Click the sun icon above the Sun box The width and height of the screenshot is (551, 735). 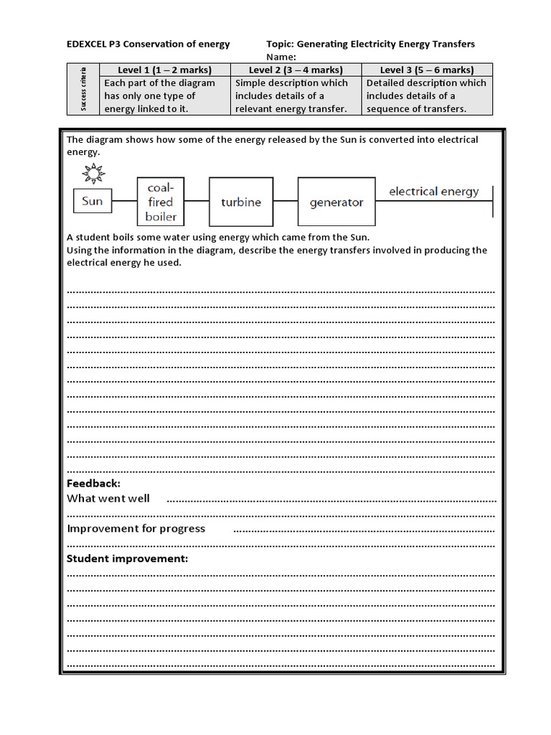point(92,173)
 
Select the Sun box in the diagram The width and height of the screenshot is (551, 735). point(92,201)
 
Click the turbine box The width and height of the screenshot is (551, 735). point(241,202)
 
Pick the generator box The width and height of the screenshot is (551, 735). point(336,202)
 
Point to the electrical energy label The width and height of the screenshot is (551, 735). point(433,191)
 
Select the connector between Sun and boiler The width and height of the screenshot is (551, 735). point(123,202)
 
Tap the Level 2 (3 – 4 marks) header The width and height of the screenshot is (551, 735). point(295,70)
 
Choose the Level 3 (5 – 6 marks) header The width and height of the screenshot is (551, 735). point(426,70)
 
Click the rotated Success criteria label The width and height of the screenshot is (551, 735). point(83,89)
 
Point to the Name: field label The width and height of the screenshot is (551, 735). point(281,57)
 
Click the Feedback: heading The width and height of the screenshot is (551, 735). point(93,483)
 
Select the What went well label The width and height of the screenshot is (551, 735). point(108,498)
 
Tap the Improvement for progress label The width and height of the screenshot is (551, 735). point(136,528)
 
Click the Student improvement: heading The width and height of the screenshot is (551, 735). point(127,558)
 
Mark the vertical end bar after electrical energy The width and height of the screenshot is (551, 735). point(493,201)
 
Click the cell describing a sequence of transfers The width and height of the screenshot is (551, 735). point(426,95)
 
